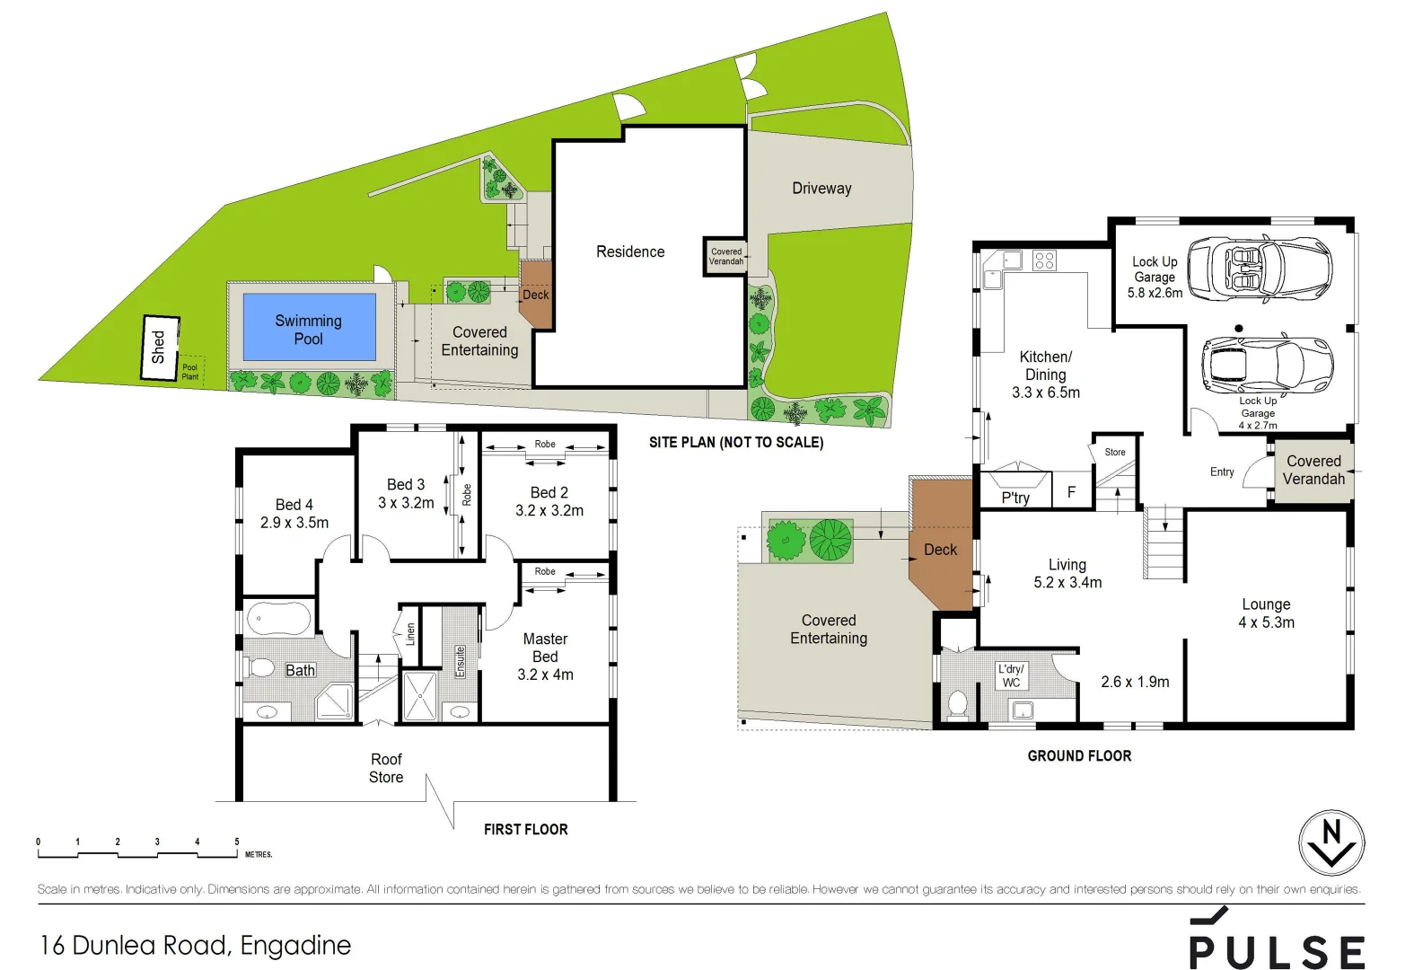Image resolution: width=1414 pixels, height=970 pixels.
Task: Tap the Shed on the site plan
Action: click(x=160, y=347)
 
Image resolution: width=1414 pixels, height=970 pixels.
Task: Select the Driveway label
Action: click(x=821, y=188)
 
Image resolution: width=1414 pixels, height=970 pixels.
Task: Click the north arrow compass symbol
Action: click(x=1331, y=842)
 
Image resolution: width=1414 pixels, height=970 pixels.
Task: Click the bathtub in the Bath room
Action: click(x=279, y=619)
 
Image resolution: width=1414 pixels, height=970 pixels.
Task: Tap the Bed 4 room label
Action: click(x=294, y=513)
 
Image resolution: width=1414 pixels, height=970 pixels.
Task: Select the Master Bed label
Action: click(x=545, y=656)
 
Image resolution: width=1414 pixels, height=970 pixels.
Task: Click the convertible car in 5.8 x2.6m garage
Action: click(x=1260, y=268)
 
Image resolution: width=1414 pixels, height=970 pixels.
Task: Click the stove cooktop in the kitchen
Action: click(x=1044, y=260)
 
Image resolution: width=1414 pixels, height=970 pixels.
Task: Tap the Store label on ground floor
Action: click(x=1115, y=452)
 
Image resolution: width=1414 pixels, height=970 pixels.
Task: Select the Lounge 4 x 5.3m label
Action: click(x=1266, y=613)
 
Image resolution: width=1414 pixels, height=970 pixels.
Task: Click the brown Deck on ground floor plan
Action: click(x=940, y=550)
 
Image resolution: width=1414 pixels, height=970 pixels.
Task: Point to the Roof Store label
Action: click(x=386, y=768)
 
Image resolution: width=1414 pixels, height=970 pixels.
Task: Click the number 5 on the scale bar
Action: click(x=237, y=842)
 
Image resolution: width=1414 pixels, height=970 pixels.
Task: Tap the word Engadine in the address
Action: click(x=295, y=945)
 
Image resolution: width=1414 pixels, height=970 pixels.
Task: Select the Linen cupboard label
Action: click(x=410, y=634)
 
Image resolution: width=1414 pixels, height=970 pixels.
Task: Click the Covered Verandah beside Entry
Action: click(x=1313, y=470)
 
